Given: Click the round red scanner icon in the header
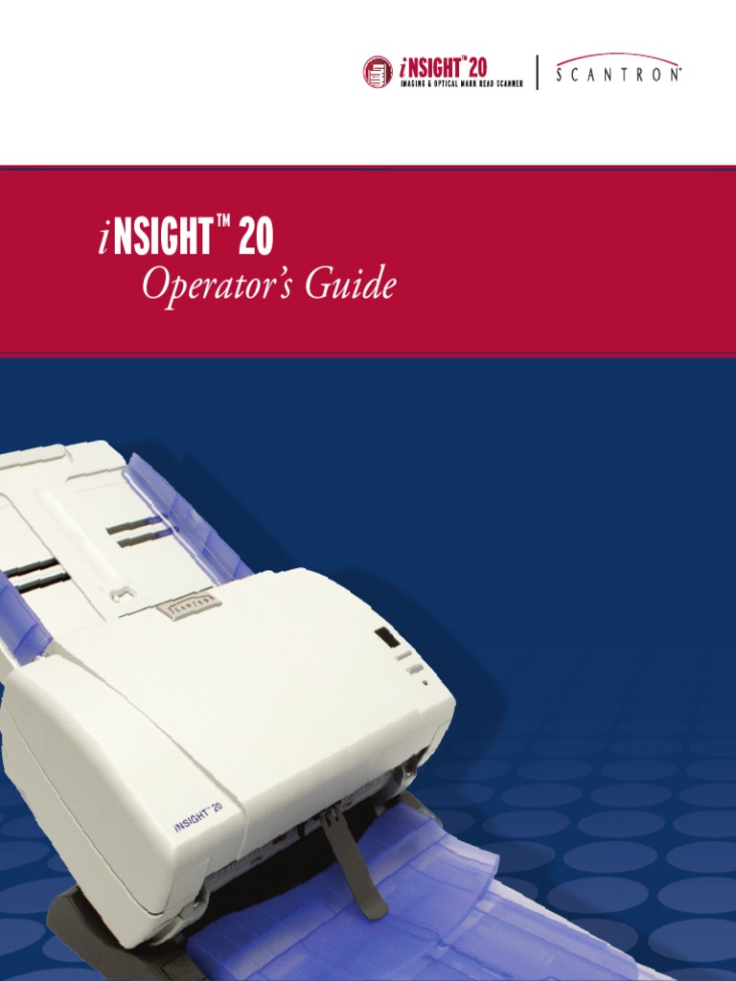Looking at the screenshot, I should click(378, 72).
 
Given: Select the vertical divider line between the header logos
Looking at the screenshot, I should click(538, 73).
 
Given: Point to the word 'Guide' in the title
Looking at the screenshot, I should click(350, 286).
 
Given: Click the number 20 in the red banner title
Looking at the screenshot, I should click(255, 239).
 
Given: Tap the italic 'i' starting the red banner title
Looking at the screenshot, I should click(103, 240).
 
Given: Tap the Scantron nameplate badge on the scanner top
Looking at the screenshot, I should click(188, 604).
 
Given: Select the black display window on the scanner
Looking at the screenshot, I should click(385, 637).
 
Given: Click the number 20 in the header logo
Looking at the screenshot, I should click(476, 67).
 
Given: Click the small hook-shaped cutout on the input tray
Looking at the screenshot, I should click(121, 594).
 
